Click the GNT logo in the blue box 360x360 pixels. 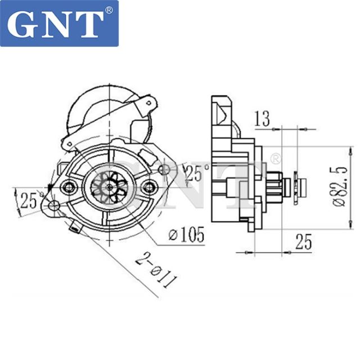click(59, 23)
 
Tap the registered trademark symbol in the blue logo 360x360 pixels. click(109, 11)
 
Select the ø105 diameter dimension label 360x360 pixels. click(186, 235)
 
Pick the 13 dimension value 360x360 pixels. click(262, 119)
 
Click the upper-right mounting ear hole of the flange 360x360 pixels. click(163, 169)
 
